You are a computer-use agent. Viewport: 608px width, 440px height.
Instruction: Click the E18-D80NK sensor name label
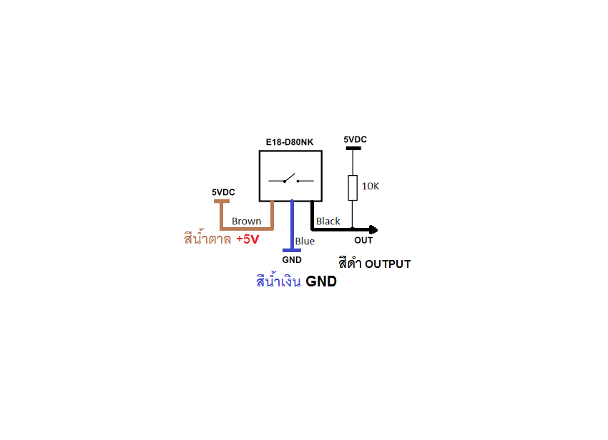tap(289, 142)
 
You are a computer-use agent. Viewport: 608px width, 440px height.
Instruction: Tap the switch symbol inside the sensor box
tap(290, 179)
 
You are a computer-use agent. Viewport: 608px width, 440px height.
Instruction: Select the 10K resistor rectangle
tap(352, 187)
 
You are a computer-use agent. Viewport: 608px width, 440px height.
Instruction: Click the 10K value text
tap(370, 186)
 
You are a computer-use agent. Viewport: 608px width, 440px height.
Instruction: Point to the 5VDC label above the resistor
tap(355, 139)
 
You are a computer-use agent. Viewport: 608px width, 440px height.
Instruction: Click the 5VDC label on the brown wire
tap(223, 192)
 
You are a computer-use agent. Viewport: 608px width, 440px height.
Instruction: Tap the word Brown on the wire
tap(246, 221)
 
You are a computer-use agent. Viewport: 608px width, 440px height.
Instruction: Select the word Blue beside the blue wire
tap(305, 241)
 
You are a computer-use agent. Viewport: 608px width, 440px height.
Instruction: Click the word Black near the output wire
tap(328, 221)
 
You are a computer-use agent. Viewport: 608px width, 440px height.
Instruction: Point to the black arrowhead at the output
tap(373, 229)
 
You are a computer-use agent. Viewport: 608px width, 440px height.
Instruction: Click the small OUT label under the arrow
tap(363, 241)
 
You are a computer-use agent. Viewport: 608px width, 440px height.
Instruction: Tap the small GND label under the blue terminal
tap(292, 260)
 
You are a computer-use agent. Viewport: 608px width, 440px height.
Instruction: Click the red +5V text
tap(247, 239)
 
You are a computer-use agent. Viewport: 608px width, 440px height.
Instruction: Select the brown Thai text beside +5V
tap(207, 239)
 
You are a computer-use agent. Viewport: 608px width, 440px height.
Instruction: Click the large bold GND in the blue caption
tap(321, 281)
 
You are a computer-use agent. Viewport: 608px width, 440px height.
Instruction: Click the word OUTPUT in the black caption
tap(388, 264)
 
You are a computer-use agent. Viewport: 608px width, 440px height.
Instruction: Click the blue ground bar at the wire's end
tap(292, 250)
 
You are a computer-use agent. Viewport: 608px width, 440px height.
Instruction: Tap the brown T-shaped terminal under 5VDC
tap(222, 203)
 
